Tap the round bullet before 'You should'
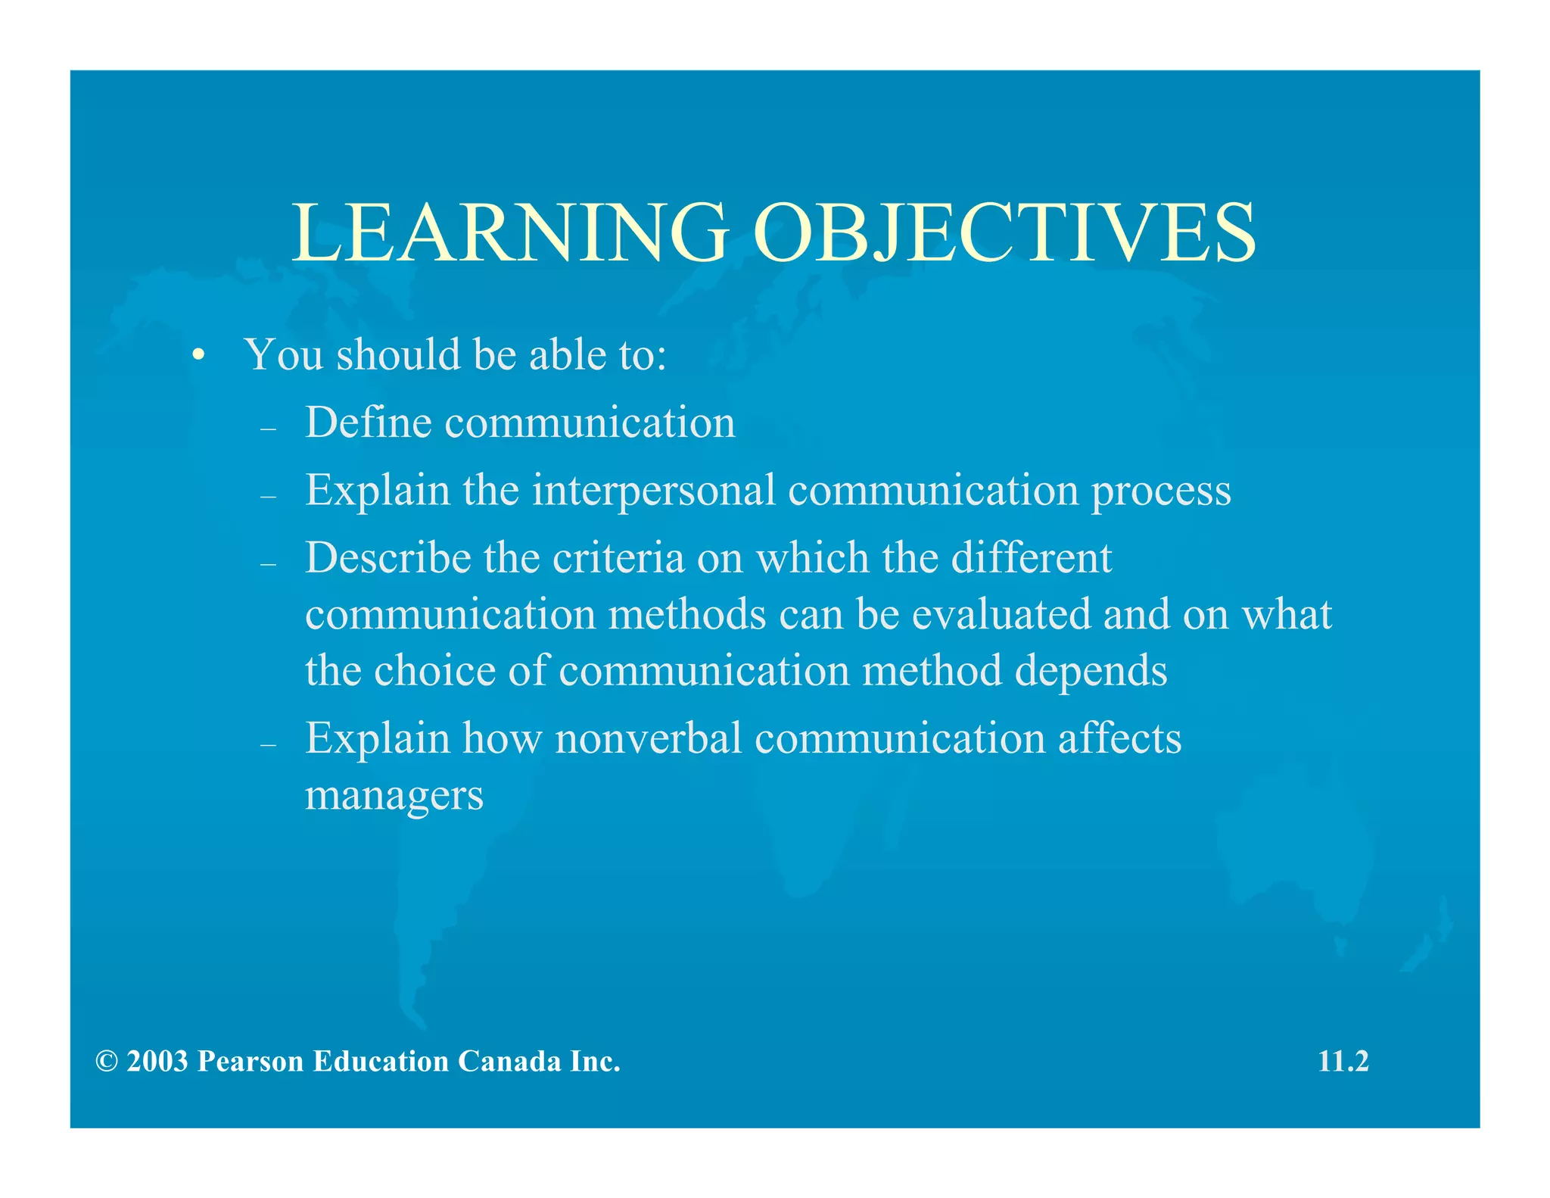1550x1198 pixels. click(x=198, y=355)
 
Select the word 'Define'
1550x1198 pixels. click(x=368, y=423)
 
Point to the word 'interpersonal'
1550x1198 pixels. click(x=654, y=491)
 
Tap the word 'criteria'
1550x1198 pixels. click(x=618, y=558)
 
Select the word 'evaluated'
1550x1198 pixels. click(x=1001, y=614)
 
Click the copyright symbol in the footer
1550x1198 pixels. click(x=107, y=1062)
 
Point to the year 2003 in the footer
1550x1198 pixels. click(x=157, y=1062)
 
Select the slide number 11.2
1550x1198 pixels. click(x=1343, y=1062)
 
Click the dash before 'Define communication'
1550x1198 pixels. click(x=268, y=429)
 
